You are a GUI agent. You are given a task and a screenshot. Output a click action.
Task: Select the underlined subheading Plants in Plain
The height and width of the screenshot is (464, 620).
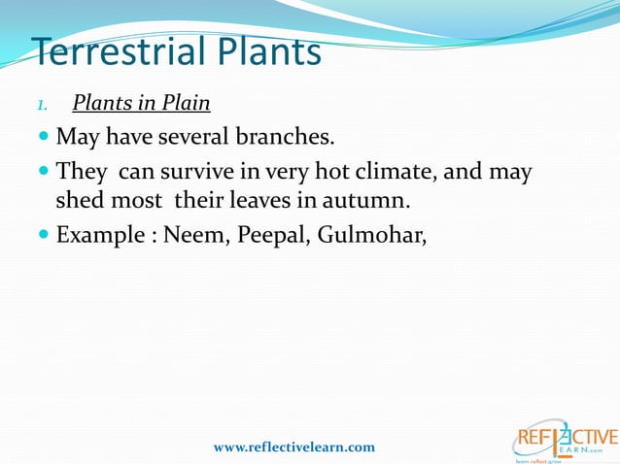141,103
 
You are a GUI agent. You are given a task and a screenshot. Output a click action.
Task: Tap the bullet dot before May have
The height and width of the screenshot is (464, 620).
45,138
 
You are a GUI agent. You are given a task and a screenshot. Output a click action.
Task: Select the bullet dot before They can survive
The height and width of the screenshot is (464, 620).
45,173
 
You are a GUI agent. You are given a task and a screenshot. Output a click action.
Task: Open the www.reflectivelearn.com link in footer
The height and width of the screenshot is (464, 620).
293,447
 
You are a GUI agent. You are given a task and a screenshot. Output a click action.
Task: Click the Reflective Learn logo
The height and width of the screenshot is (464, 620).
565,437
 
